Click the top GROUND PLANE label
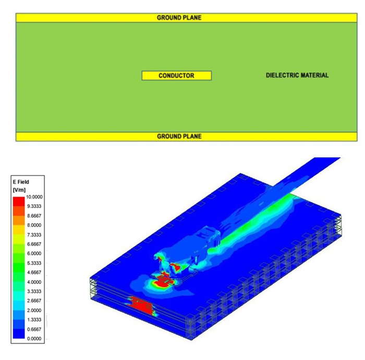(x=179, y=18)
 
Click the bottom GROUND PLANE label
(x=179, y=136)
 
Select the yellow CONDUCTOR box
(x=177, y=76)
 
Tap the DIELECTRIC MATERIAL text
(x=297, y=75)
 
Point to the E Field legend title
(x=21, y=182)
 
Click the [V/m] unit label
(x=19, y=190)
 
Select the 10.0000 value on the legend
(x=34, y=197)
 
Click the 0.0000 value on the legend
(x=34, y=339)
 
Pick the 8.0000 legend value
(x=34, y=225)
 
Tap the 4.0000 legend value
(x=34, y=282)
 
